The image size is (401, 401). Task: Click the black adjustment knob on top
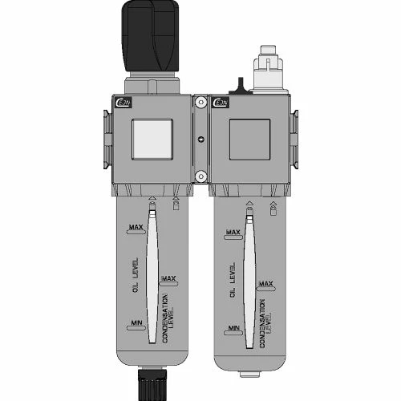tap(153, 36)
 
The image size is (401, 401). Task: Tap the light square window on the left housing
tap(152, 137)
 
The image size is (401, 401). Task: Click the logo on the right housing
tap(218, 102)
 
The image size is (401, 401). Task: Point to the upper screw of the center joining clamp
tap(200, 102)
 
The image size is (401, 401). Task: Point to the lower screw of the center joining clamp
tap(200, 178)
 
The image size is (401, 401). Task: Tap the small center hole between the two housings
tap(200, 140)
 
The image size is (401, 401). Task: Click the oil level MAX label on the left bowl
tap(136, 229)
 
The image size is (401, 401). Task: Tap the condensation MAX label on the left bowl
tap(168, 278)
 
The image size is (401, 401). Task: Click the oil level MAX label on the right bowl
tap(233, 233)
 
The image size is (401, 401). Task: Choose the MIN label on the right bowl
tap(234, 328)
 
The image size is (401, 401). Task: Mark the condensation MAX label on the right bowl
tap(266, 284)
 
